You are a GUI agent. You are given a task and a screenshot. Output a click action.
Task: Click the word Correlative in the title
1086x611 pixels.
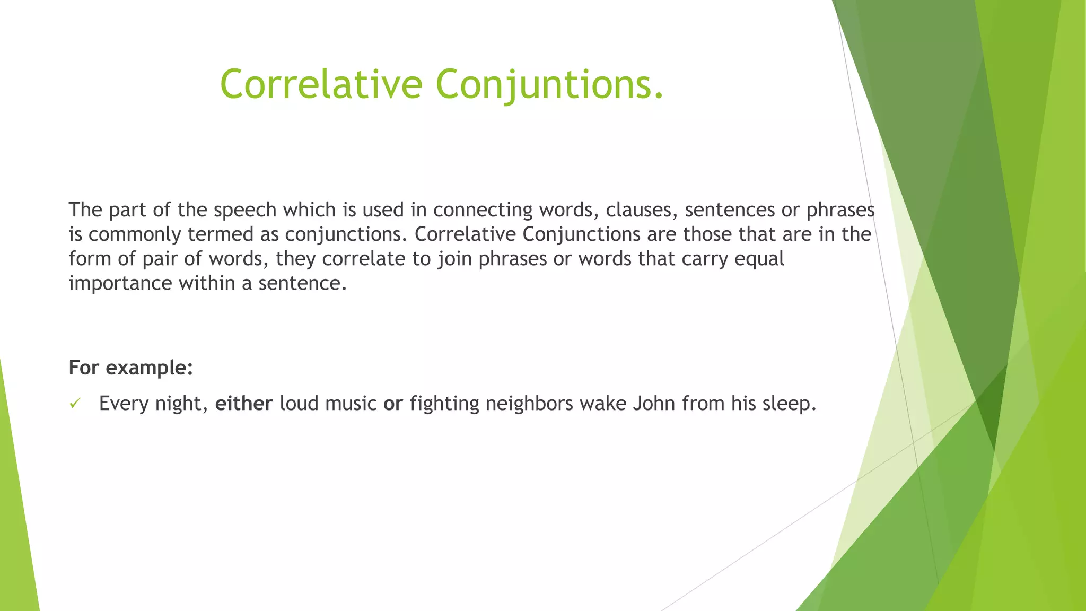(321, 84)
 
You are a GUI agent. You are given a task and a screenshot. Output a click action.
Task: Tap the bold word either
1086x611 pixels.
(244, 404)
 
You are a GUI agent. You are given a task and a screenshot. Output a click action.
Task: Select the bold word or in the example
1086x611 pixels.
(393, 404)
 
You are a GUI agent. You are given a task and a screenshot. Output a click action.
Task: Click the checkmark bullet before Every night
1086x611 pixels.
(75, 404)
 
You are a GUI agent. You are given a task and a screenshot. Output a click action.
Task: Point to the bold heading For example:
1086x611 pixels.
(131, 368)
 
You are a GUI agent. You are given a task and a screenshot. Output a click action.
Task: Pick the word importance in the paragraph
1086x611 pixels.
(120, 284)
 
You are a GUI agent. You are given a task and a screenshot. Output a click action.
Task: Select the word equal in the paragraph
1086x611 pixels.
(759, 259)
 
